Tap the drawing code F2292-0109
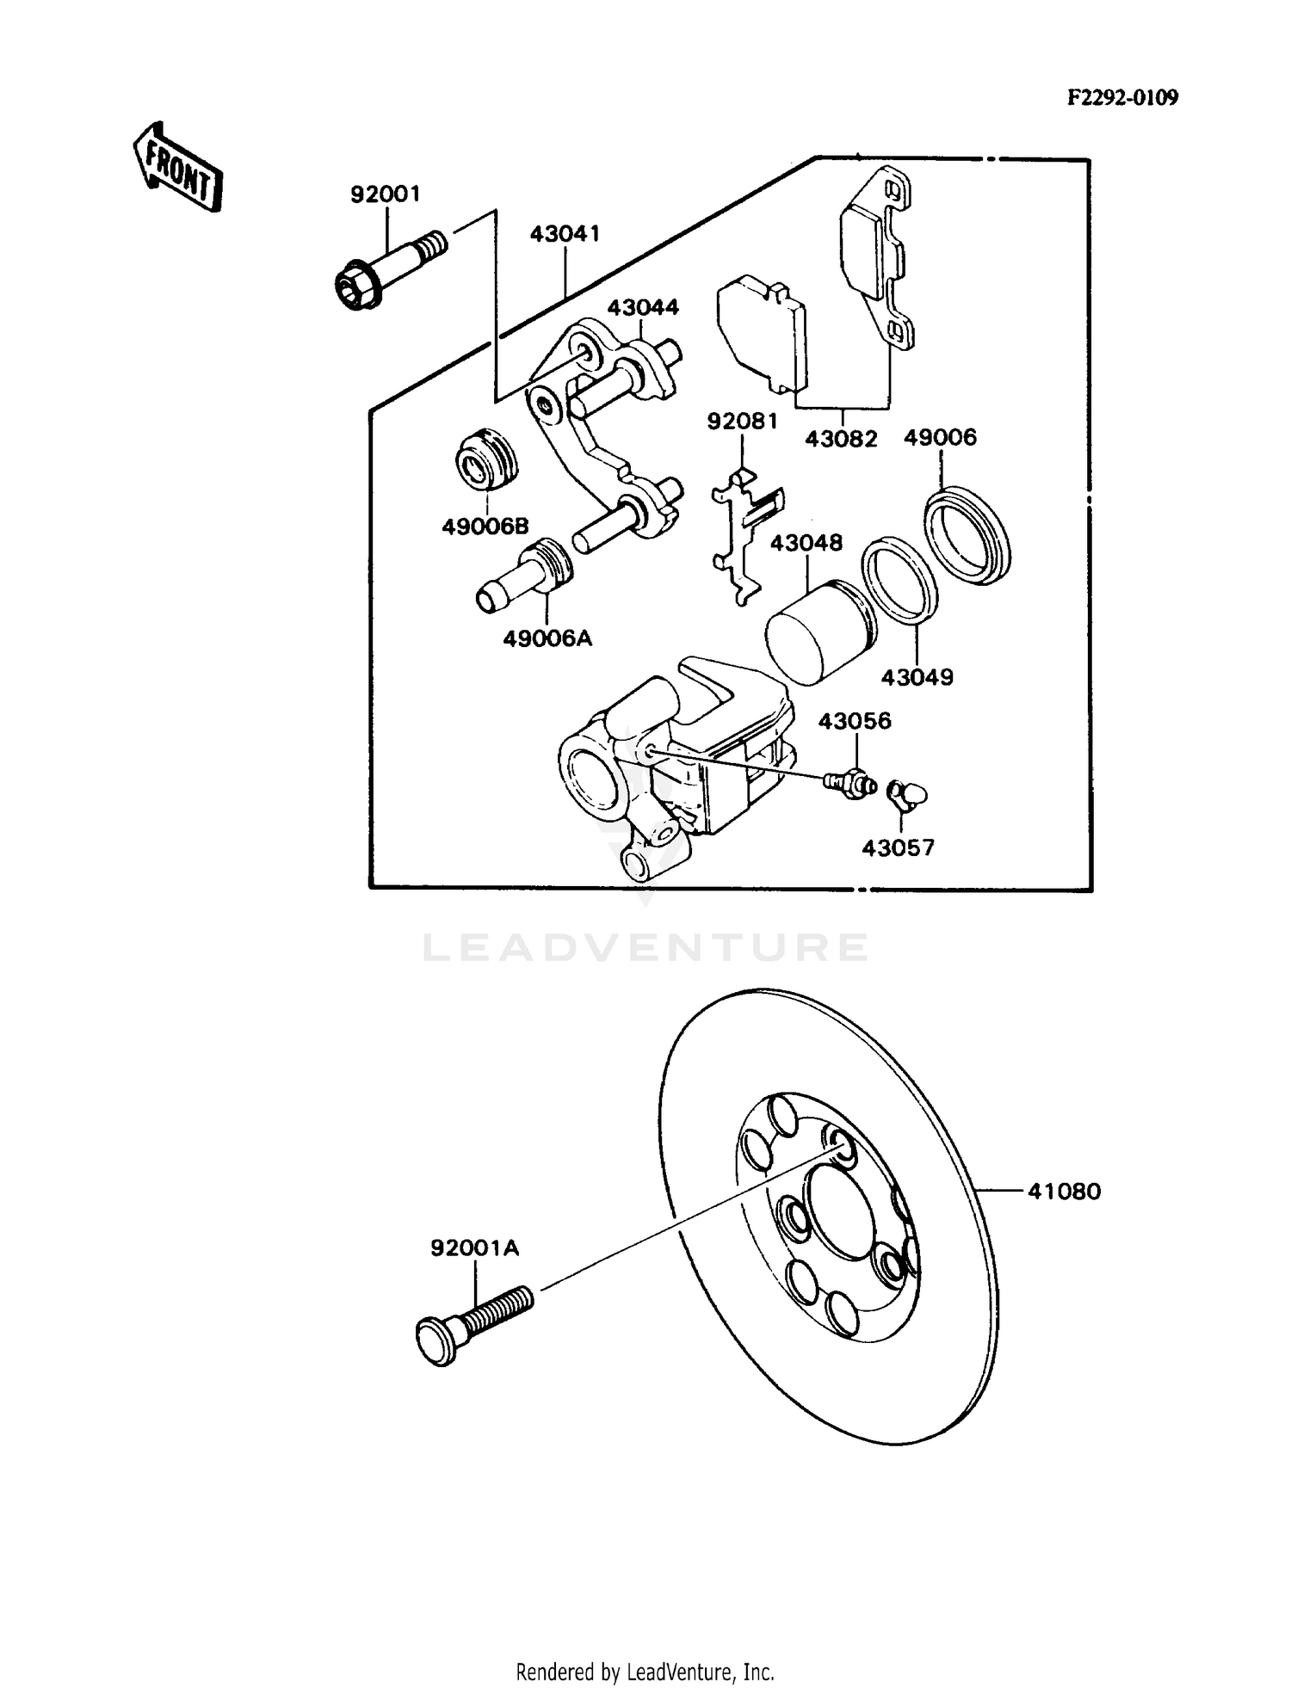[x=1122, y=97]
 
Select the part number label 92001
[x=385, y=194]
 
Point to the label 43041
[x=565, y=234]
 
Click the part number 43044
[x=643, y=307]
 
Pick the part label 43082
[x=841, y=439]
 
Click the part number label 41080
[x=1064, y=1192]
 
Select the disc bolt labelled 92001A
[x=473, y=1326]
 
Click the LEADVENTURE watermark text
[x=645, y=947]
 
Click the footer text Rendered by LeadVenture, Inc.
[x=645, y=1673]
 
